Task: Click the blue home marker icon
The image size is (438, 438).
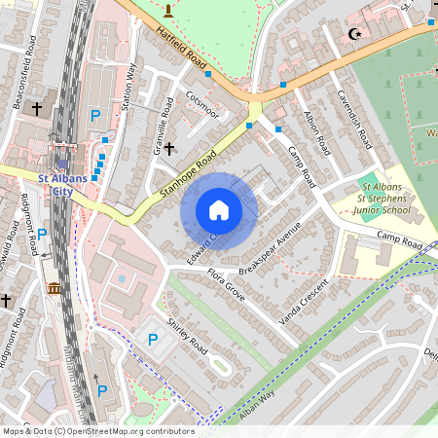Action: tap(219, 210)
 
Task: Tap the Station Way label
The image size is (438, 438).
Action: tap(128, 88)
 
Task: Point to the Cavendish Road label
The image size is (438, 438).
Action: tap(353, 119)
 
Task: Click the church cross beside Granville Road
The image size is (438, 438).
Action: tap(169, 148)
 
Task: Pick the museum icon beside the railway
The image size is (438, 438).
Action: tap(53, 289)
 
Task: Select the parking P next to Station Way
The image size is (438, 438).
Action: tap(95, 116)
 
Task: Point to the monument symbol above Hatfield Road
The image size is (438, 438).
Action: tap(168, 11)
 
